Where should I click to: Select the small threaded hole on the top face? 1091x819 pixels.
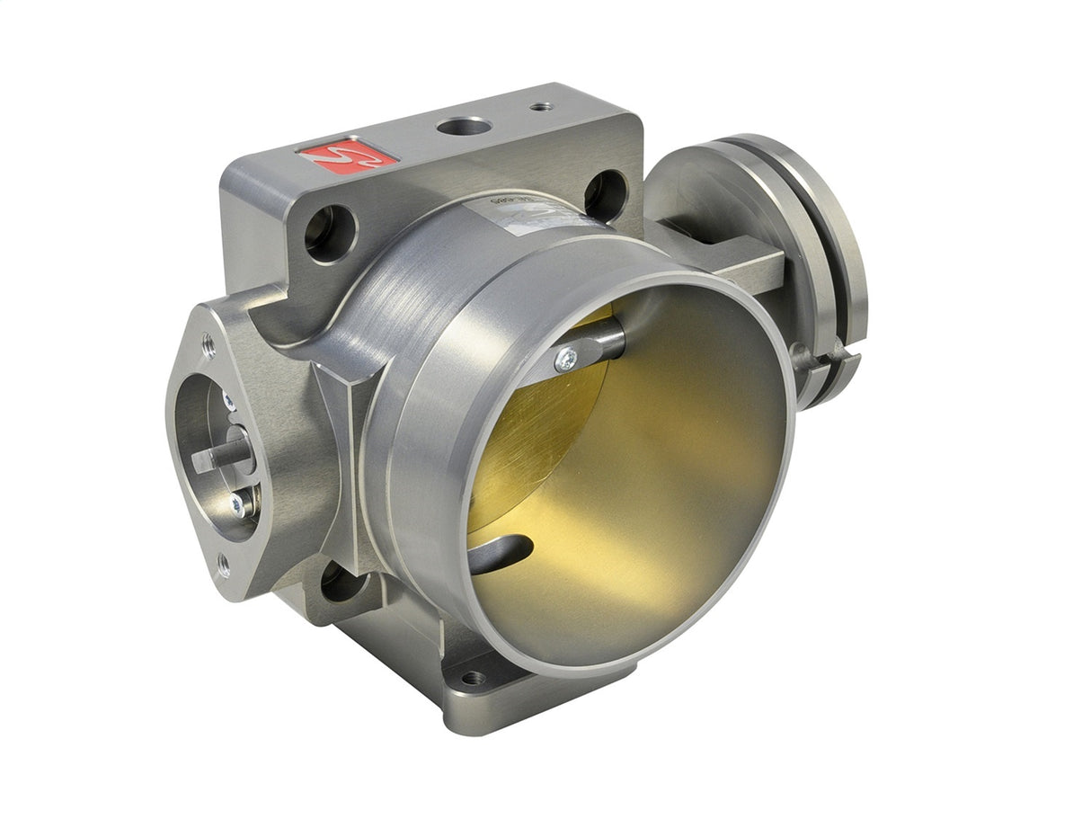(x=541, y=107)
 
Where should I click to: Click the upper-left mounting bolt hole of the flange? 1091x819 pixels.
(x=329, y=231)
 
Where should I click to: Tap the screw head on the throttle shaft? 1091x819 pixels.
(x=566, y=361)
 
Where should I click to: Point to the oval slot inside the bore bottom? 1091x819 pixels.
(x=500, y=553)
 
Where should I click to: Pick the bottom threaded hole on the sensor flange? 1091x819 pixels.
(x=223, y=567)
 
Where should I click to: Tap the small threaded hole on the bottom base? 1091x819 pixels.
(x=473, y=677)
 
